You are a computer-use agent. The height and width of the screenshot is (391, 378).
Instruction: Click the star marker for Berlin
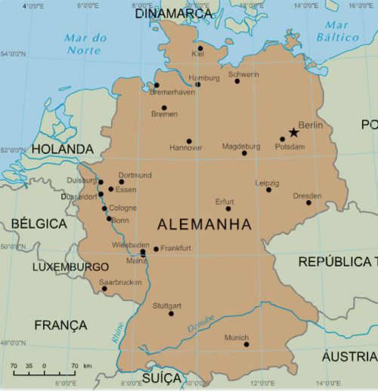tap(293, 133)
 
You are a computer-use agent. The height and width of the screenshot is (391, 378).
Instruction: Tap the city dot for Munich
tap(246, 344)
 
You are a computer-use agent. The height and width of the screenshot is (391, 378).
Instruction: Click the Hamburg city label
tap(204, 78)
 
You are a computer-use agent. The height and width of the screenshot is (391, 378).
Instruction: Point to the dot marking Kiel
tap(200, 48)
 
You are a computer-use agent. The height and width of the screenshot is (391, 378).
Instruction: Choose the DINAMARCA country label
tap(172, 14)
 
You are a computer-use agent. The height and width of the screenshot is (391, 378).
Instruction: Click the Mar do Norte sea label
tap(82, 44)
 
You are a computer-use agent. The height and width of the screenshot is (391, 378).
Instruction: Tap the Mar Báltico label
tap(342, 30)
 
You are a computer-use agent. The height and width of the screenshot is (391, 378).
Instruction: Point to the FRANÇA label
tap(61, 325)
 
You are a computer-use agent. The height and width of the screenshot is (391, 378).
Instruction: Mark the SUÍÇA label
tap(162, 377)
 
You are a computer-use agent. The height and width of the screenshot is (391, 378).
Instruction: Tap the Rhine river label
tap(118, 334)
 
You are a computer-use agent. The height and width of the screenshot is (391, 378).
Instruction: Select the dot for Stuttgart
tap(171, 314)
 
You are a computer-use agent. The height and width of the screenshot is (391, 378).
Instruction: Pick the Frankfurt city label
tap(175, 248)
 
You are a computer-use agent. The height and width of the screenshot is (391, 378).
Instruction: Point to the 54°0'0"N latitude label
tap(13, 55)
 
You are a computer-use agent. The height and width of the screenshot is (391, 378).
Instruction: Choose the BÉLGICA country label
tap(36, 224)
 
